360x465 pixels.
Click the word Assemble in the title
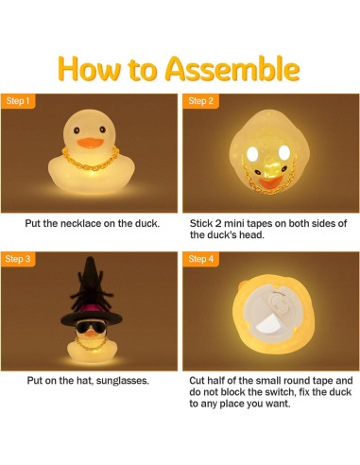232,68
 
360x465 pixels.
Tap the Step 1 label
19,101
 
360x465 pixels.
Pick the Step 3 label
19,258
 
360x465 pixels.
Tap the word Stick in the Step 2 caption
203,223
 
